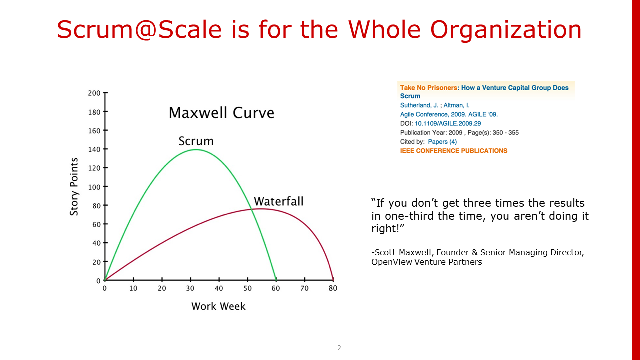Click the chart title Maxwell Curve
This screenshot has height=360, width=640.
[221, 113]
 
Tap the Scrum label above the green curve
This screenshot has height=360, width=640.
[196, 141]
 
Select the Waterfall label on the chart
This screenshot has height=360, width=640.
[279, 201]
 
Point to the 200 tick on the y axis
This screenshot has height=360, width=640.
[94, 93]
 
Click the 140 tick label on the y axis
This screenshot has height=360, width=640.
[94, 149]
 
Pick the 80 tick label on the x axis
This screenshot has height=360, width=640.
[333, 288]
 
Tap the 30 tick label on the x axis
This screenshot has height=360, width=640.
[190, 288]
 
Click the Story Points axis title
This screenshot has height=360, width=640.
[74, 187]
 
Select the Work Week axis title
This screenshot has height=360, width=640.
[218, 306]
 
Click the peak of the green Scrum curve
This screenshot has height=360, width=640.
[196, 149]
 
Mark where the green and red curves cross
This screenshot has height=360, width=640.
[251, 209]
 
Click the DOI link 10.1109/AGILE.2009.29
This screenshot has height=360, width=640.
[448, 123]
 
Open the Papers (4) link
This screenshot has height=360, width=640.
[442, 142]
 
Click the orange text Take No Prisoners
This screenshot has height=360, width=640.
[429, 88]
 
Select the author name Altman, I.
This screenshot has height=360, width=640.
[456, 105]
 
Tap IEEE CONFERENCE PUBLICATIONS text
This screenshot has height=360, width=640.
[453, 151]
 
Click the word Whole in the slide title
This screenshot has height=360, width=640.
[384, 29]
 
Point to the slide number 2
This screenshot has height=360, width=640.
[339, 348]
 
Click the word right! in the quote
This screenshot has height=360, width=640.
[388, 229]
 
